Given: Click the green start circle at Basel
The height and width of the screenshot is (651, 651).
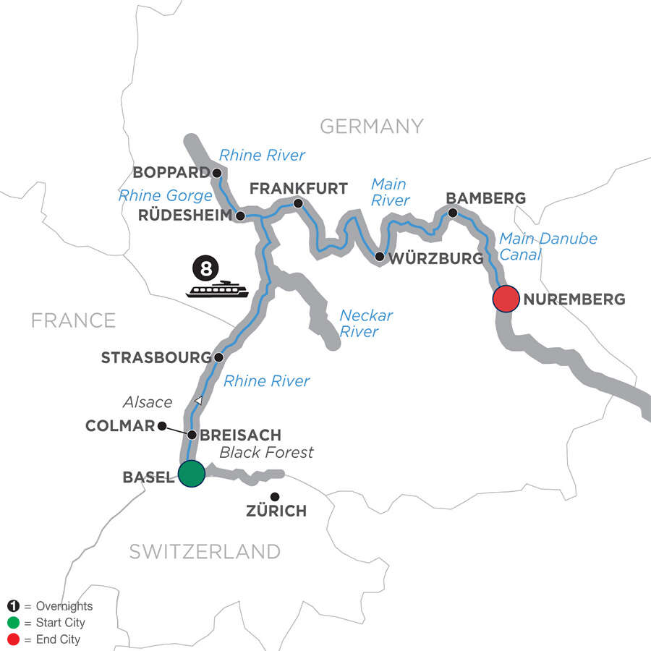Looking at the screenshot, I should click(x=191, y=475).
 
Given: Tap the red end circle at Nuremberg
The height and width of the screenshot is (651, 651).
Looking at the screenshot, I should click(x=506, y=299).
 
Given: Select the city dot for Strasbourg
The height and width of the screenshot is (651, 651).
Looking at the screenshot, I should click(x=218, y=357).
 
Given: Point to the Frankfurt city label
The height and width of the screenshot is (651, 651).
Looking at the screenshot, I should click(x=298, y=189).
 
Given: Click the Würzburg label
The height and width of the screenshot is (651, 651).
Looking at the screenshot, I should click(x=435, y=258).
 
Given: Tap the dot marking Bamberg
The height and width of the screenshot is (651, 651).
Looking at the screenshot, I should click(x=453, y=213).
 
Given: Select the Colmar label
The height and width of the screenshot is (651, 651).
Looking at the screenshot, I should click(x=120, y=426).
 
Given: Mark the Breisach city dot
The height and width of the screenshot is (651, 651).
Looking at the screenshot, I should click(x=192, y=435).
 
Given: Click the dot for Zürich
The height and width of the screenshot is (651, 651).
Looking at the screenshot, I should click(x=275, y=496).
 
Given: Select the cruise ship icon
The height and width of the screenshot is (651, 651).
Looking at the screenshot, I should click(x=217, y=290).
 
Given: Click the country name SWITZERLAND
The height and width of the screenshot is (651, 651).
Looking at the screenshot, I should click(x=205, y=551).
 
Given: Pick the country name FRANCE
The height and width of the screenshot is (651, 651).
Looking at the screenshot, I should click(x=73, y=320).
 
